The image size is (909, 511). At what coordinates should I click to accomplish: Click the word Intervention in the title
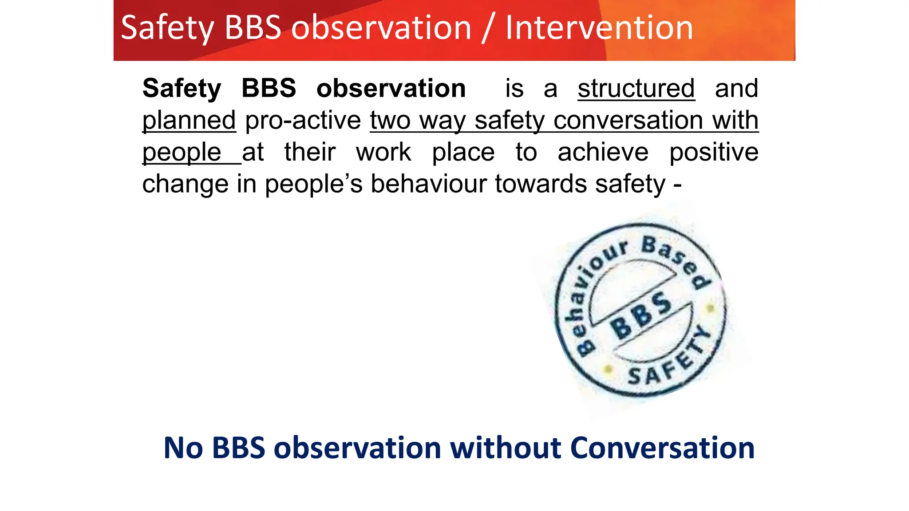click(x=599, y=28)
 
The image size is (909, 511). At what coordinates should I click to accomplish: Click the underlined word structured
click(x=636, y=88)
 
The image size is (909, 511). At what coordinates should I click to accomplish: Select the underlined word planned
click(x=189, y=121)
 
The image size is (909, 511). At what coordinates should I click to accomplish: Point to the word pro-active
click(x=303, y=121)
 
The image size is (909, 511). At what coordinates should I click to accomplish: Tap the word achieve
click(x=603, y=152)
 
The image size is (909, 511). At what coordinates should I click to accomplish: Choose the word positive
click(x=714, y=152)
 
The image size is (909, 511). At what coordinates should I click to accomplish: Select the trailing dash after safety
click(x=677, y=185)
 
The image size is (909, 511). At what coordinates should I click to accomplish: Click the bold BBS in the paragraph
click(x=269, y=88)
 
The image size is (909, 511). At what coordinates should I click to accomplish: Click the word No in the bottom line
click(x=183, y=448)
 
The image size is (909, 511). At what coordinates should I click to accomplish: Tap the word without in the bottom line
click(x=506, y=448)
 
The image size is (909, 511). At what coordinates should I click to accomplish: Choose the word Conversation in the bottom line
click(x=662, y=448)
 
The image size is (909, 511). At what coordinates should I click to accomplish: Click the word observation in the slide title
click(x=381, y=28)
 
